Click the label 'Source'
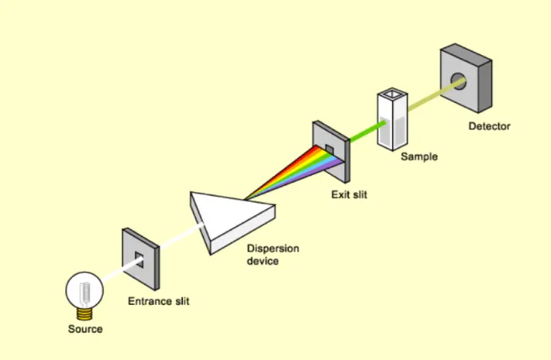(x=85, y=329)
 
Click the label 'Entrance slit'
(x=159, y=301)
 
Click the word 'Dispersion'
(x=272, y=249)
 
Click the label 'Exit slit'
(x=351, y=194)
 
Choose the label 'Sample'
(x=418, y=157)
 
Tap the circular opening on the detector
(x=458, y=81)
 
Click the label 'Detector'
(x=489, y=126)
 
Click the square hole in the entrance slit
(x=139, y=258)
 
